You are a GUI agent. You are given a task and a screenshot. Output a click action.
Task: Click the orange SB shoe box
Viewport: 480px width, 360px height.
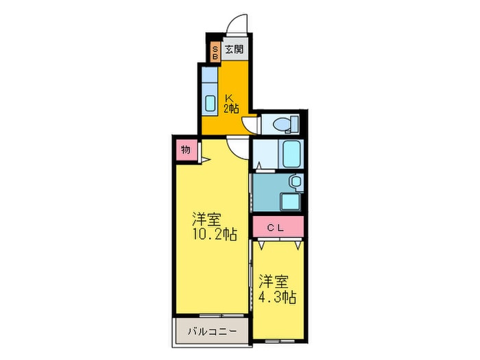[215, 52]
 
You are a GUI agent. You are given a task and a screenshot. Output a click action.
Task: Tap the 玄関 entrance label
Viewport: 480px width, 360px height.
[235, 49]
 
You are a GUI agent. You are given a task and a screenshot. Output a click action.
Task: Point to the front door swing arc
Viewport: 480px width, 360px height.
[237, 24]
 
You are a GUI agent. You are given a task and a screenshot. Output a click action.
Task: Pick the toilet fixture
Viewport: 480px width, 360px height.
[282, 124]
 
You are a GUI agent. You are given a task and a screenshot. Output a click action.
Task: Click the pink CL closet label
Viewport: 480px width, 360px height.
[276, 227]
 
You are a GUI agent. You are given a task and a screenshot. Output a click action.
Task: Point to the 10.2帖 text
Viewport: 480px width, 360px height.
[215, 235]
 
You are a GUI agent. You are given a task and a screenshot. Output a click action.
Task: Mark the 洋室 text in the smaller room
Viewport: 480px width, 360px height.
[273, 281]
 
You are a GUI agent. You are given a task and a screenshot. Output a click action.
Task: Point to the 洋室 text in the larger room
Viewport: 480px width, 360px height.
[206, 219]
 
